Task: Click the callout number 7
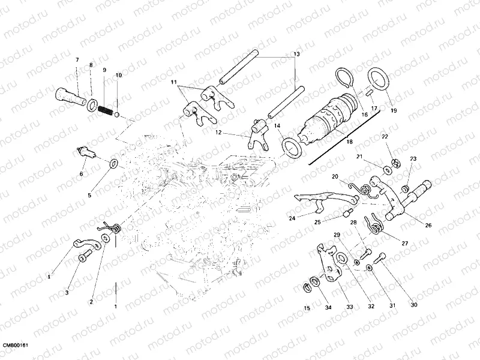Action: pyautogui.click(x=77, y=60)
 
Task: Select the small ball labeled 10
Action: pyautogui.click(x=118, y=114)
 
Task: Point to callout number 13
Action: pyautogui.click(x=296, y=55)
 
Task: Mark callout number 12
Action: pyautogui.click(x=219, y=133)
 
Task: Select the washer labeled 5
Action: pyautogui.click(x=113, y=163)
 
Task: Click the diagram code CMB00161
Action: pyautogui.click(x=16, y=346)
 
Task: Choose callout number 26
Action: pyautogui.click(x=428, y=226)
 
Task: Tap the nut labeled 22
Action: pyautogui.click(x=397, y=160)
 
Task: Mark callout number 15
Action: pyautogui.click(x=307, y=308)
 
